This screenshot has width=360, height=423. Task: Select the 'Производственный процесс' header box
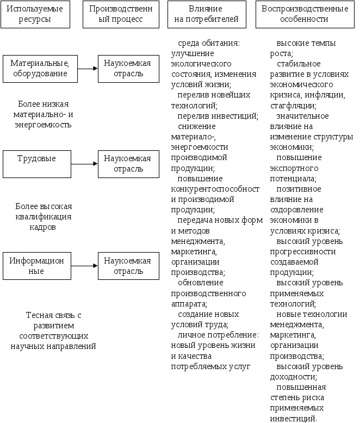coord(121,14)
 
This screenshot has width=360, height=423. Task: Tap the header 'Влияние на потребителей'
coord(207,14)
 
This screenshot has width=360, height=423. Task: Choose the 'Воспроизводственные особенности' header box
coord(305,14)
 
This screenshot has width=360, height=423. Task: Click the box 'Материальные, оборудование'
coord(39,68)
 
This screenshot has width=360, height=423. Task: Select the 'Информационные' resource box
coord(36,266)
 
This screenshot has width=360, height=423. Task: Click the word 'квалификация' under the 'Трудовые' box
coord(44,217)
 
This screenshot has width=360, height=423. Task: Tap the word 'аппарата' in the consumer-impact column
coord(188,304)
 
